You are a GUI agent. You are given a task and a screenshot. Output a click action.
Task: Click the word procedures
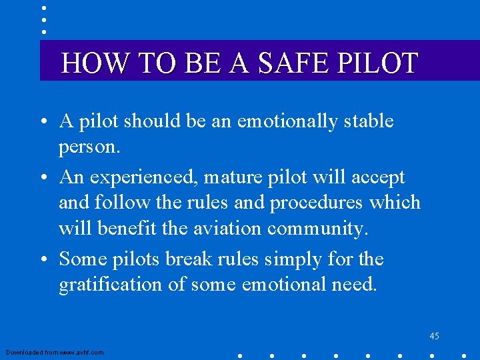pyautogui.click(x=316, y=202)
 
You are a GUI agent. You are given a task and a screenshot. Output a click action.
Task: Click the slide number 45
pyautogui.click(x=434, y=336)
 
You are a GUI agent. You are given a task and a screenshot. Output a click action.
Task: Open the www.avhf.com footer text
pyautogui.click(x=55, y=352)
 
